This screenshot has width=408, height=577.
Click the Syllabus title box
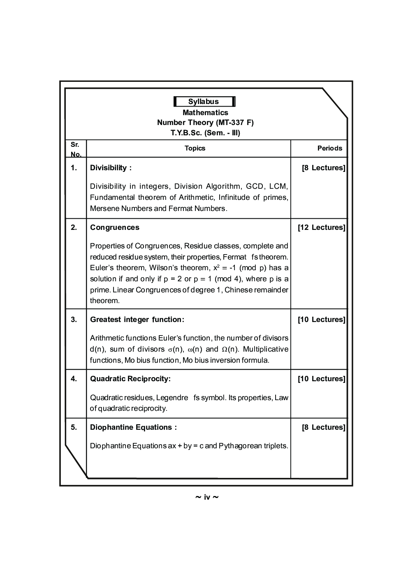coord(204,102)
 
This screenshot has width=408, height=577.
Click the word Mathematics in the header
coord(205,112)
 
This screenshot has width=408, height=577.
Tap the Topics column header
coord(195,148)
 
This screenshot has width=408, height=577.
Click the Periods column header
coord(329,148)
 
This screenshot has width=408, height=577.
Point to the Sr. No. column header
coord(75,149)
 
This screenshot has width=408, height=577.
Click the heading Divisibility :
coord(111,168)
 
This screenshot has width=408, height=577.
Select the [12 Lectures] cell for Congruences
coord(321,227)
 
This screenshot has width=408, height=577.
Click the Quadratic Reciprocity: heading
coord(130,379)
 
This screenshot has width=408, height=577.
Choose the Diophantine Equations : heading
coord(133,427)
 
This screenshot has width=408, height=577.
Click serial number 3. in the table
coord(74,320)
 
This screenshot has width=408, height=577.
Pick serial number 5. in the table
coord(74,427)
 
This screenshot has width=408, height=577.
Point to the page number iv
coord(206,497)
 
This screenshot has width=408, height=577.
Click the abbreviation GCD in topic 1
coord(255,186)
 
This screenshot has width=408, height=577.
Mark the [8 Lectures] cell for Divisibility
coord(323,168)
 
